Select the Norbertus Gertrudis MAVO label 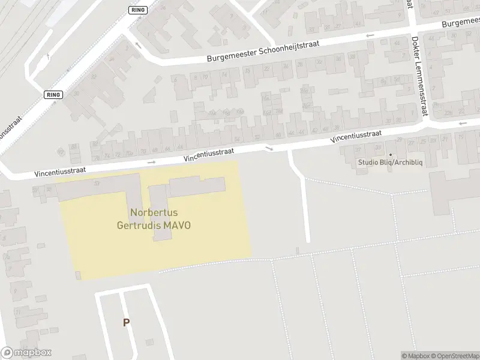[x=154, y=219]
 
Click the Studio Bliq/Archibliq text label [x=390, y=162]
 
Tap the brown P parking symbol [x=126, y=323]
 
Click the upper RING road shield [x=138, y=10]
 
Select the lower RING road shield [x=53, y=95]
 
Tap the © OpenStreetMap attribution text [x=452, y=356]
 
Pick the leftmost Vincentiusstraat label [x=60, y=170]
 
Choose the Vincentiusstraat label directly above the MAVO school [x=209, y=154]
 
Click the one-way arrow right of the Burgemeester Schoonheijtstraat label [x=370, y=35]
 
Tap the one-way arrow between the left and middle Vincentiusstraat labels [x=151, y=162]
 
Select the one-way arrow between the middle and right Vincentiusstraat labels [x=269, y=148]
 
